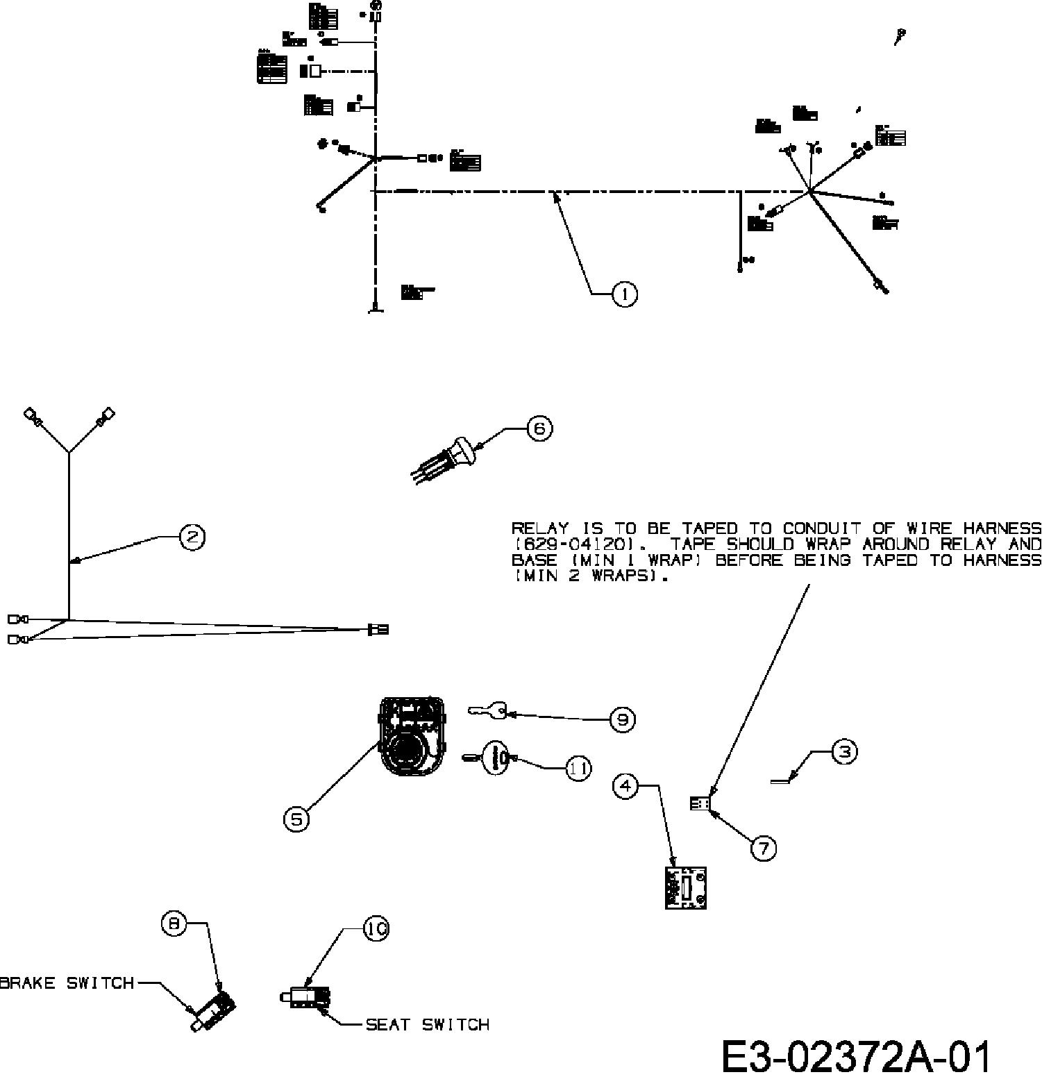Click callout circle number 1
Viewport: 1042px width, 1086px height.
pyautogui.click(x=625, y=294)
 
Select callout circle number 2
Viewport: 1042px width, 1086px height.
pyautogui.click(x=192, y=537)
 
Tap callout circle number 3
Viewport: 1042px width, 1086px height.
pyautogui.click(x=844, y=752)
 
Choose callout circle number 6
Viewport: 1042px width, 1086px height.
pyautogui.click(x=540, y=428)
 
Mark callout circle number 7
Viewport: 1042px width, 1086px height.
pyautogui.click(x=764, y=848)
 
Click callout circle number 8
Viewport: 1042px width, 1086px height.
pyautogui.click(x=174, y=924)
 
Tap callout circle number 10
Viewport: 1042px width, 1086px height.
pyautogui.click(x=376, y=929)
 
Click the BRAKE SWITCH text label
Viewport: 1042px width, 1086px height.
pyautogui.click(x=67, y=983)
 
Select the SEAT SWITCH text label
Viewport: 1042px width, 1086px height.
pyautogui.click(x=427, y=1025)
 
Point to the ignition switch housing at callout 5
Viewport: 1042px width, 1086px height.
pyautogui.click(x=411, y=737)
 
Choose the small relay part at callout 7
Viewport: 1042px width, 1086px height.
pyautogui.click(x=700, y=803)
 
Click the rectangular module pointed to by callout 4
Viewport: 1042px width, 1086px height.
pyautogui.click(x=685, y=887)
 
